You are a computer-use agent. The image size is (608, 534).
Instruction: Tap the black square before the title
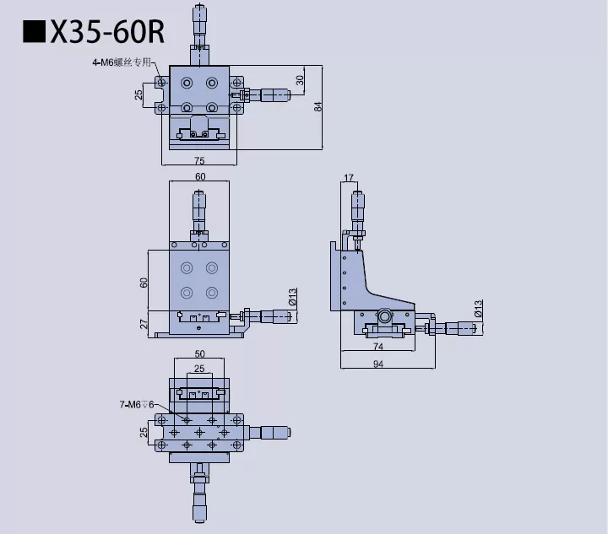[x=34, y=32]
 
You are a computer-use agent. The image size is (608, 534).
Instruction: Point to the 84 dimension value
[x=318, y=106]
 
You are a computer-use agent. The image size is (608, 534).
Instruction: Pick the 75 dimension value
[x=199, y=160]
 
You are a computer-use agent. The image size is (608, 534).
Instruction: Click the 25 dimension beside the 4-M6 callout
[x=139, y=94]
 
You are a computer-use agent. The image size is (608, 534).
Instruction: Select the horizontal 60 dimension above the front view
[x=200, y=177]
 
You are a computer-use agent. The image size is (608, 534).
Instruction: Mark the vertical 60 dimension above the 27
[x=144, y=283]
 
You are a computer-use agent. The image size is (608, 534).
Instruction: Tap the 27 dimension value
[x=144, y=324]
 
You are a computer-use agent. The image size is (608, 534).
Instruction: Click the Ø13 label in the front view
[x=292, y=296]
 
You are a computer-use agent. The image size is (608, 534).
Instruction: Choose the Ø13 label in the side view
[x=478, y=309]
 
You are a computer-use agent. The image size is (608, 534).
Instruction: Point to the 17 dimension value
[x=350, y=177]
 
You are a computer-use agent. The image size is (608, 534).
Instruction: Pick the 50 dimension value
[x=199, y=354]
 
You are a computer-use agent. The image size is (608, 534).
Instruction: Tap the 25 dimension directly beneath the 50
[x=199, y=369]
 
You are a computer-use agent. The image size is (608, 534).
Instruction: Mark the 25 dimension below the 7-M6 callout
[x=144, y=432]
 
